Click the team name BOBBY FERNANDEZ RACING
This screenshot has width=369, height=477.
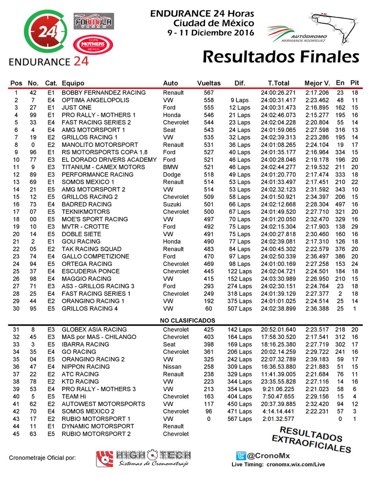[103, 93]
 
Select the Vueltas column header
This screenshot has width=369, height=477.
[209, 83]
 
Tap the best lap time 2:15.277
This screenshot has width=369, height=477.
[317, 115]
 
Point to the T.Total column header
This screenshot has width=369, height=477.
[278, 83]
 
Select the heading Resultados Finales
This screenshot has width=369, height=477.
[281, 57]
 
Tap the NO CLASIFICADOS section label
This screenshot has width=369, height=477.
[187, 320]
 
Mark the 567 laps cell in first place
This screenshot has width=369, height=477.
[209, 93]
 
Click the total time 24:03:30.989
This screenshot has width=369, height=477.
[278, 279]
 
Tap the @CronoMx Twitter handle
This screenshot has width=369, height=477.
[265, 456]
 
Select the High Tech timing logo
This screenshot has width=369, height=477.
[144, 458]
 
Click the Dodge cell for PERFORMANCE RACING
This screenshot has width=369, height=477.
[172, 175]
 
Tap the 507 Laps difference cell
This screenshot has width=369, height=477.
[240, 308]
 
